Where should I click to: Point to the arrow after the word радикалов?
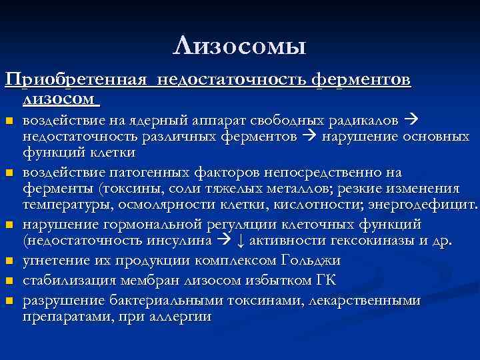(410, 121)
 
